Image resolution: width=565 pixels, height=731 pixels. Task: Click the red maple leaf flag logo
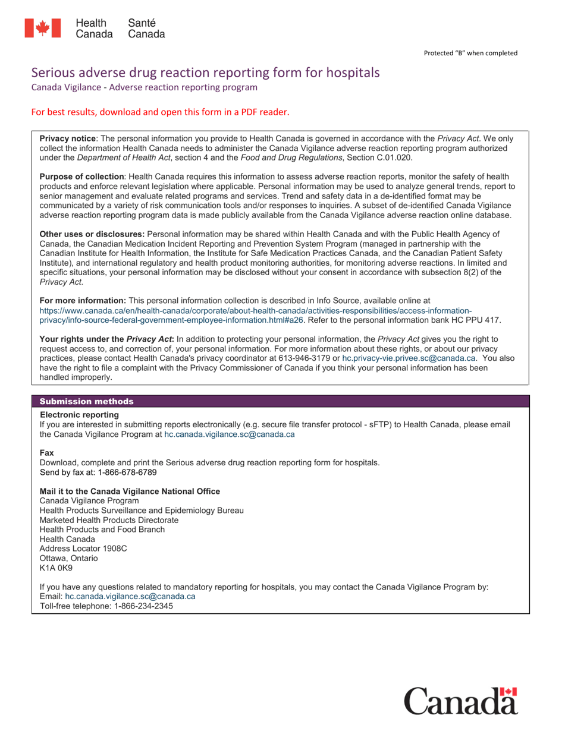pyautogui.click(x=42, y=29)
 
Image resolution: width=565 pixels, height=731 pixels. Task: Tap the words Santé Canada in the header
pyautogui.click(x=146, y=29)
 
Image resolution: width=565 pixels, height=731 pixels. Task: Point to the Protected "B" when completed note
pyautogui.click(x=470, y=53)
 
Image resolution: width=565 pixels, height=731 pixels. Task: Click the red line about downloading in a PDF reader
pyautogui.click(x=160, y=112)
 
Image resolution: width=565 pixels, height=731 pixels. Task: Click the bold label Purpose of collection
pyautogui.click(x=81, y=177)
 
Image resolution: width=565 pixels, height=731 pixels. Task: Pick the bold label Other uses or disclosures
pyautogui.click(x=92, y=234)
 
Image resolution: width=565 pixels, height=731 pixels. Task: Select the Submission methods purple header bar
pyautogui.click(x=280, y=401)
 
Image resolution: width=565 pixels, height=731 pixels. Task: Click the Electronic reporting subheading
pyautogui.click(x=79, y=414)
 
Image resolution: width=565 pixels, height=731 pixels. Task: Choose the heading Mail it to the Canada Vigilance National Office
pyautogui.click(x=130, y=491)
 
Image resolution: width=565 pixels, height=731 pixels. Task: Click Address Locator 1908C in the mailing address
pyautogui.click(x=83, y=548)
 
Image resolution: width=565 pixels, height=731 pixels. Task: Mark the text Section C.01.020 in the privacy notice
pyautogui.click(x=378, y=157)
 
